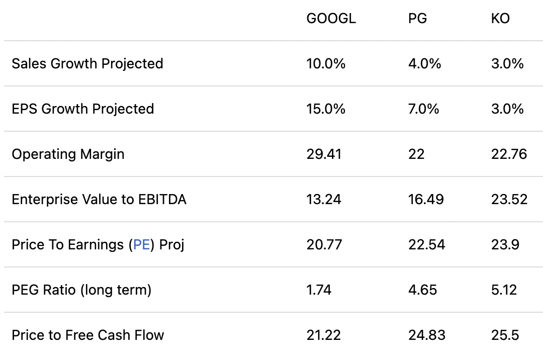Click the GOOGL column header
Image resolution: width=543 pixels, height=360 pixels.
point(331,19)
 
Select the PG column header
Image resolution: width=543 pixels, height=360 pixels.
point(417,19)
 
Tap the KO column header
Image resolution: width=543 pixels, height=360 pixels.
point(500,19)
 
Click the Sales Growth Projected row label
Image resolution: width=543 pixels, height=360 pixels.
point(87,64)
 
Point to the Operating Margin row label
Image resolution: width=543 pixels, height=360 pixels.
point(68,154)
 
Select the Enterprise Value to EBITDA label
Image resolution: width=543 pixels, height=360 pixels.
point(99,200)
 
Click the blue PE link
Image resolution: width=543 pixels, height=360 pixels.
point(142,245)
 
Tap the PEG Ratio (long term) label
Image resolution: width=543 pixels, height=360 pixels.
point(81,290)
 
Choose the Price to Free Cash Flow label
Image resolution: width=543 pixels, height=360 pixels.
point(88,335)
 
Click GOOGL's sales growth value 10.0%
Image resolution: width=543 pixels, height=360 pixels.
point(326,64)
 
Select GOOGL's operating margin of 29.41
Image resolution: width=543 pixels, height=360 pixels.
point(324,154)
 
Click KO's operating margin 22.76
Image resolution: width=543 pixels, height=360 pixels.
point(509,154)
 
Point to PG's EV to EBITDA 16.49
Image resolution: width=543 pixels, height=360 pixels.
point(426,200)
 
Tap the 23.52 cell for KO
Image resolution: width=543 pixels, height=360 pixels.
point(509,200)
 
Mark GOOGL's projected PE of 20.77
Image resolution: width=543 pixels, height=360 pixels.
point(324,245)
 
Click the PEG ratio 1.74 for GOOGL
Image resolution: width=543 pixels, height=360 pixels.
point(319,290)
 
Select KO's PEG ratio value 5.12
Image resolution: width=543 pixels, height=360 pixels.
point(504,290)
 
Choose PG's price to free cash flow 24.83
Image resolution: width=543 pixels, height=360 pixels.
point(426,335)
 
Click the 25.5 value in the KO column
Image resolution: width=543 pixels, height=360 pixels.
point(505,335)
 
